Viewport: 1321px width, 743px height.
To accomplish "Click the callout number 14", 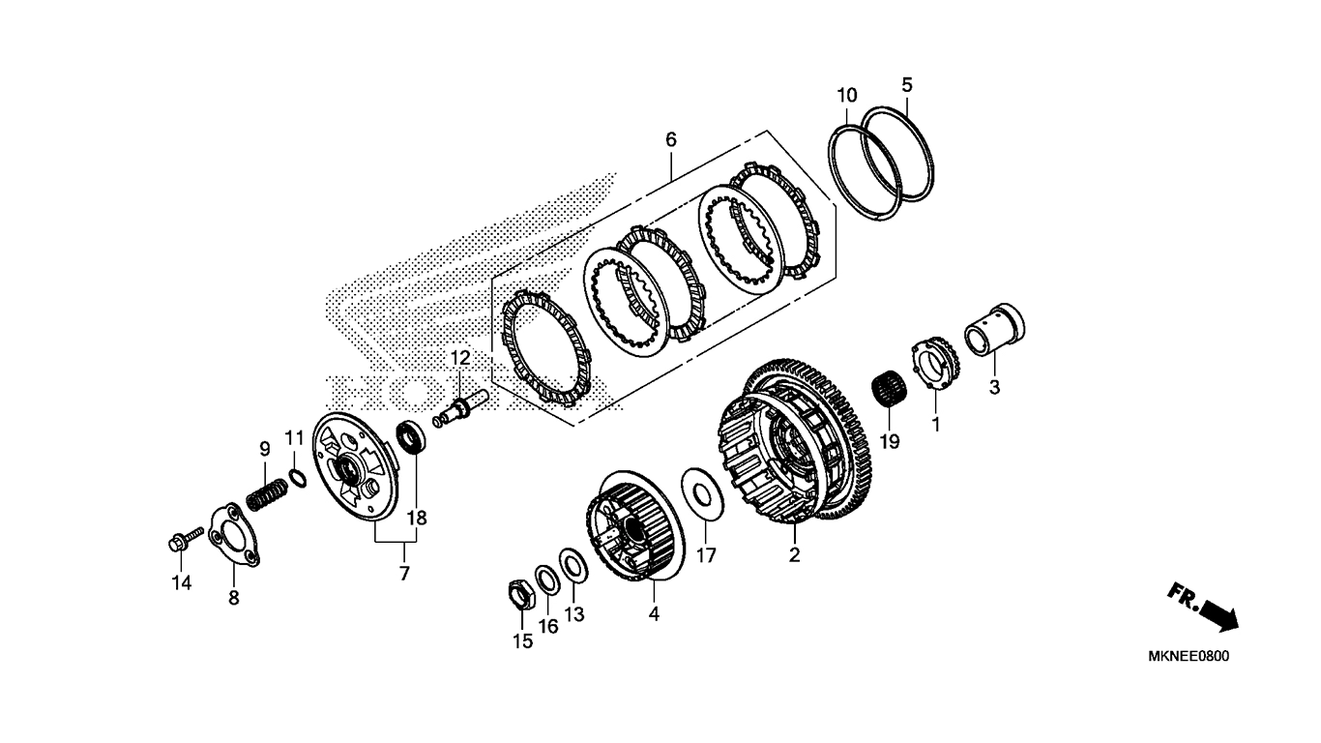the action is [x=182, y=582].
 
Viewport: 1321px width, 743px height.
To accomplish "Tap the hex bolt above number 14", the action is [x=185, y=539].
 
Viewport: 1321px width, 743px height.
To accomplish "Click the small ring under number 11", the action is [x=297, y=477].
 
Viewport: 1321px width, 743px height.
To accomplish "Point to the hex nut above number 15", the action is [x=521, y=594].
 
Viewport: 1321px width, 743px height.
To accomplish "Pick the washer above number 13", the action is [x=572, y=565].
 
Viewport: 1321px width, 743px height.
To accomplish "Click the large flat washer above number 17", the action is [x=703, y=494].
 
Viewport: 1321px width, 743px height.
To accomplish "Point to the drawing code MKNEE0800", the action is [x=1189, y=656].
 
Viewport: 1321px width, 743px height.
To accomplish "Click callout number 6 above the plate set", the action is [x=670, y=140].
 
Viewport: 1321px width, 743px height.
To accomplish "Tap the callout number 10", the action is [x=847, y=96].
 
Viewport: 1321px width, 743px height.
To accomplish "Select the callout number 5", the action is [x=907, y=85].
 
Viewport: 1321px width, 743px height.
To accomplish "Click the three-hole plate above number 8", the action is [x=234, y=535].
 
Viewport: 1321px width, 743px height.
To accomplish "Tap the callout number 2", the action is [x=794, y=554].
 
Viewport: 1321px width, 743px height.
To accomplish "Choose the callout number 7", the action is [x=404, y=573].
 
